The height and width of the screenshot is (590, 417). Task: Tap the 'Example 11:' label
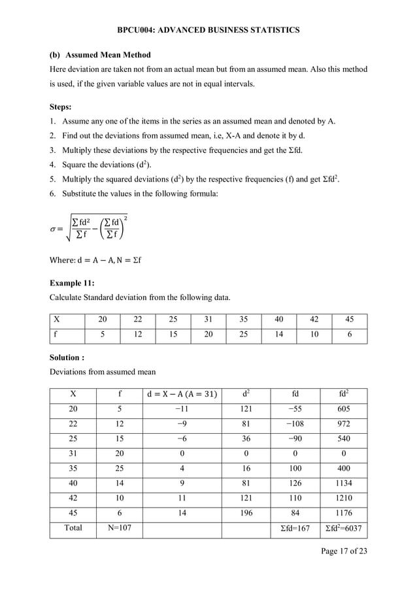tap(72, 282)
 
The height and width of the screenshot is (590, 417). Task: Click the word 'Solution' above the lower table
tap(65, 357)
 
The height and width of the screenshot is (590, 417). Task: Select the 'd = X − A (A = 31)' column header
tap(182, 395)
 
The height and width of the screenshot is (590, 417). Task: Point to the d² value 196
tap(245, 513)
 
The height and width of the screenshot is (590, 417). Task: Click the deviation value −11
tap(182, 410)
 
